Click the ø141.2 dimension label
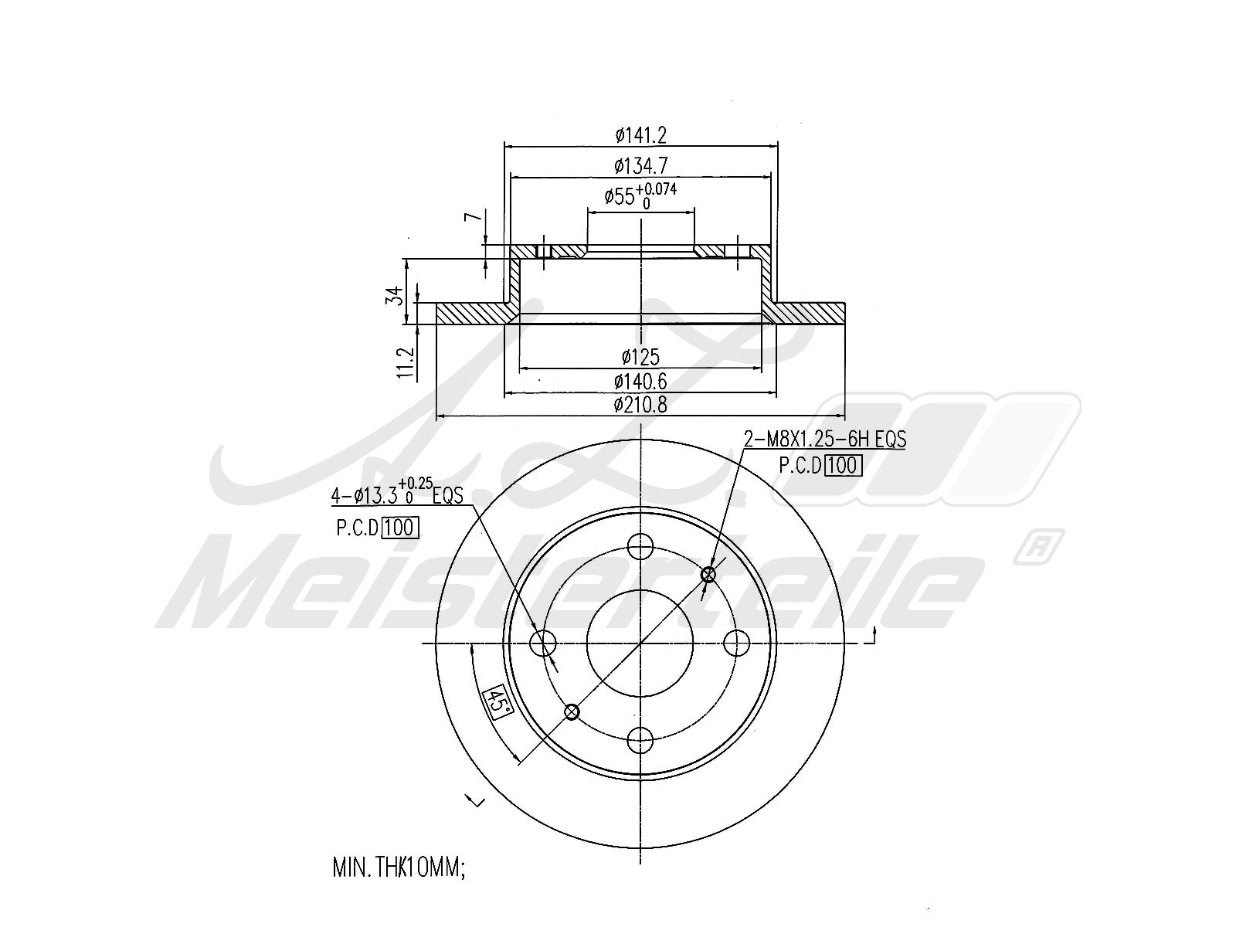[x=640, y=135]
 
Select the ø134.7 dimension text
[x=640, y=165]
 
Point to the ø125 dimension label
[x=640, y=357]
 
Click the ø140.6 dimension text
[x=640, y=381]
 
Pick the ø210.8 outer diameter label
[x=640, y=404]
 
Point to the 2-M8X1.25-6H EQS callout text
[x=824, y=440]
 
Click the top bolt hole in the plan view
[x=640, y=546]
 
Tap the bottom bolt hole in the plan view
[x=640, y=741]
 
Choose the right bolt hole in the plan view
[x=738, y=643]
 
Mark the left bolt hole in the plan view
[x=544, y=643]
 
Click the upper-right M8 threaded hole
[x=708, y=575]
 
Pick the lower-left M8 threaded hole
[x=572, y=711]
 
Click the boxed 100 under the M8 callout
[x=843, y=466]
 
